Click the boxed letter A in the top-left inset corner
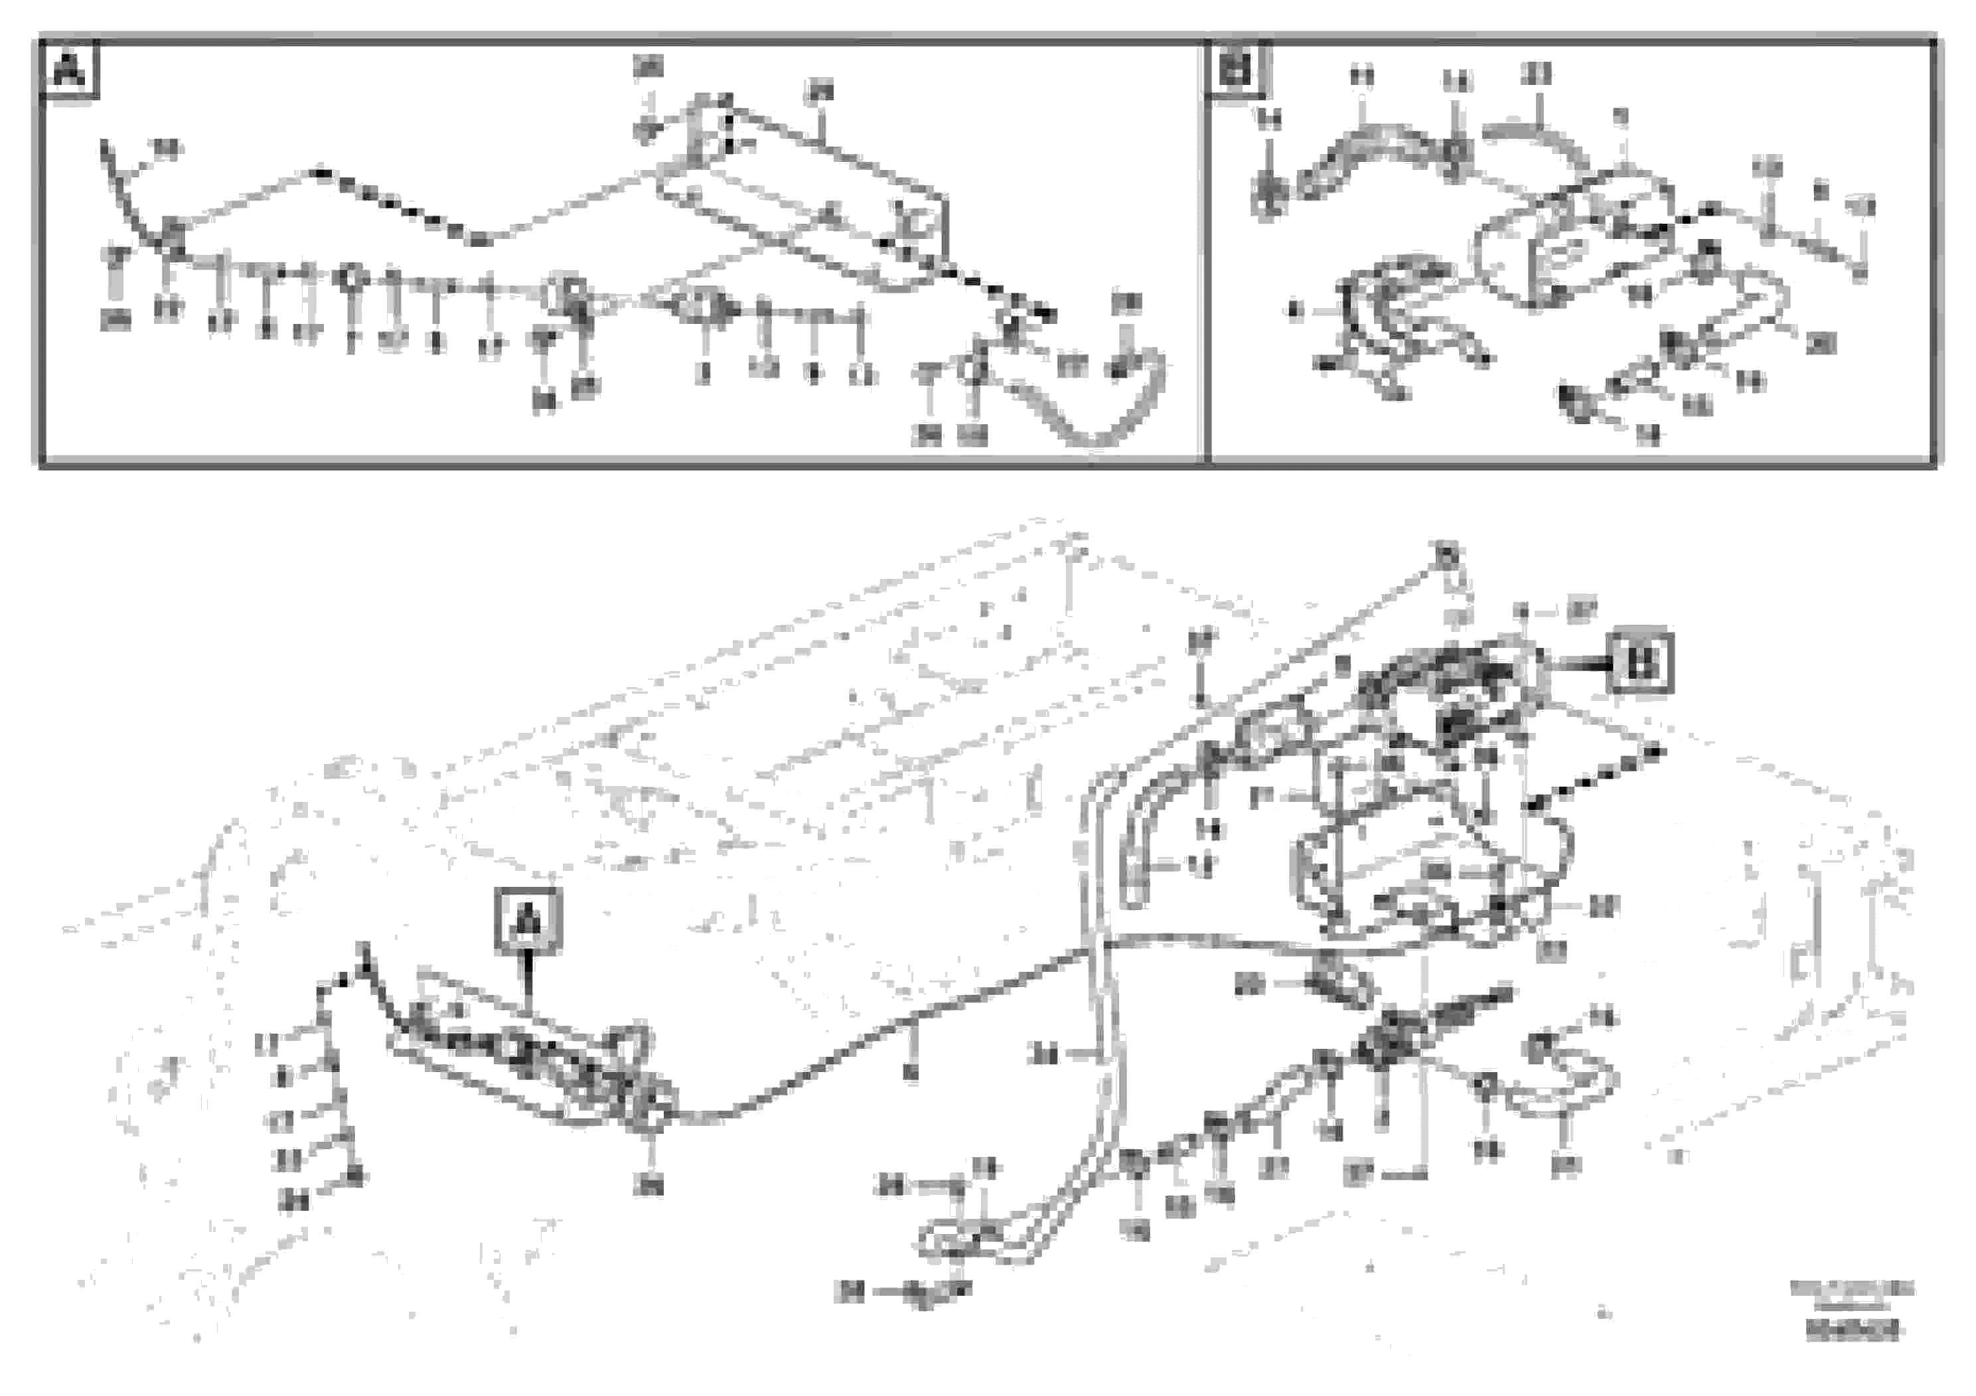click(70, 70)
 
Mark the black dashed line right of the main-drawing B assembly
click(1592, 779)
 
